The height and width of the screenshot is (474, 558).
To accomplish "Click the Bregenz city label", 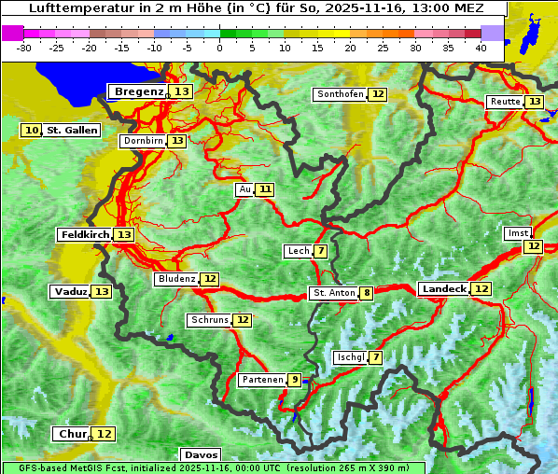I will pos(138,91).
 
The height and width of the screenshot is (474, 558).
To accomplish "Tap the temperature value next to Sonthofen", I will pos(378,94).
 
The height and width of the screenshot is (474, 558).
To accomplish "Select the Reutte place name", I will pos(505,102).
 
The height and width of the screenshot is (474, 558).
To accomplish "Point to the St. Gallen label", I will pos(72,131).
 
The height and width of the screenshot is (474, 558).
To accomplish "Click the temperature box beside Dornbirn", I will pos(177,141).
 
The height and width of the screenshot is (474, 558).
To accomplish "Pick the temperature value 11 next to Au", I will pos(266,189).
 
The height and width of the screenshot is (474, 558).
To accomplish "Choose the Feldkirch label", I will pos(84,235).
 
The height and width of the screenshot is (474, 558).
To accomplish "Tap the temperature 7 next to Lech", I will pos(321,251).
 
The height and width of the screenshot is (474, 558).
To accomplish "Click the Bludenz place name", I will pos(176,279).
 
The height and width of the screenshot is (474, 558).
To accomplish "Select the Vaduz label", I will pos(70,292).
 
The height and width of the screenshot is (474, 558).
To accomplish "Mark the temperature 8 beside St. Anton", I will pos(368,293).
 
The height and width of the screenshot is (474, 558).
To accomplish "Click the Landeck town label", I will pos(443,289).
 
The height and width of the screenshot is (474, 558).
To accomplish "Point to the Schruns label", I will pos(209,320).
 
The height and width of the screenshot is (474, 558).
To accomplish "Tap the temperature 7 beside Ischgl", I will pos(376,357).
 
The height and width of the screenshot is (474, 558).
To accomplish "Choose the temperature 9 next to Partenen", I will pos(295,380).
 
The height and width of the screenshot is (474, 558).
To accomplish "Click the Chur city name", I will pos(72,434).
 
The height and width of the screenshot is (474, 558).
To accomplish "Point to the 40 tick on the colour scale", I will pos(481,48).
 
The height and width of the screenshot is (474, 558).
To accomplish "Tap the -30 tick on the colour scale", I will pos(24,48).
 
